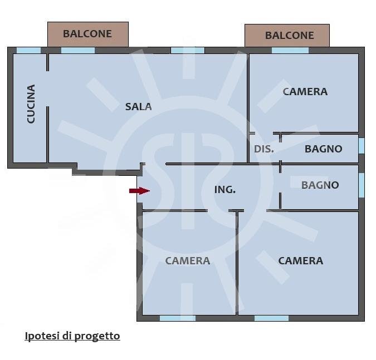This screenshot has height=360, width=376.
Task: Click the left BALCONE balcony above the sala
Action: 87,34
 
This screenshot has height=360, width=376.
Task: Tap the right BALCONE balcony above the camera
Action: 287,36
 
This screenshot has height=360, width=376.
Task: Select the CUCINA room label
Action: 31,104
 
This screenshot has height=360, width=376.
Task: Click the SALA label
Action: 138,106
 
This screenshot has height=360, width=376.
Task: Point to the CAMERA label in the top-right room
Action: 305,92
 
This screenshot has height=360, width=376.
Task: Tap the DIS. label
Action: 263,149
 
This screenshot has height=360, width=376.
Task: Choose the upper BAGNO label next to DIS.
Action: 323,149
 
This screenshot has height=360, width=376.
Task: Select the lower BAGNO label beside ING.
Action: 320,185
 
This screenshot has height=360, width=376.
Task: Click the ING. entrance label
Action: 224,190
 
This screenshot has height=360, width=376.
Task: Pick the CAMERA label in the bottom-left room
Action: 187,260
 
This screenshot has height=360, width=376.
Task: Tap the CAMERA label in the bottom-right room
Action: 300,260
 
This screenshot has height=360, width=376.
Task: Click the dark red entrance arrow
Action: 139,191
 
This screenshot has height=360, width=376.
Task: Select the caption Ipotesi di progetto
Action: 72,336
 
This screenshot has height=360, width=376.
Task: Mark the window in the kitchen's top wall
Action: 28,50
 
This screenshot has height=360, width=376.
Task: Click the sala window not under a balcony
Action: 187,50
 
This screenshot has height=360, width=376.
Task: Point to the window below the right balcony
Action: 290,50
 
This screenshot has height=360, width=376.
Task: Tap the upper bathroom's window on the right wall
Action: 361,146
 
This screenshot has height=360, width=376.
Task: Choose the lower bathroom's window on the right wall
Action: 361,185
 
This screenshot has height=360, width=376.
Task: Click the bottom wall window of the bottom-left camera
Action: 177,318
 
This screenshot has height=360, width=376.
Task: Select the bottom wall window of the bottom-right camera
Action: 271,318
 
